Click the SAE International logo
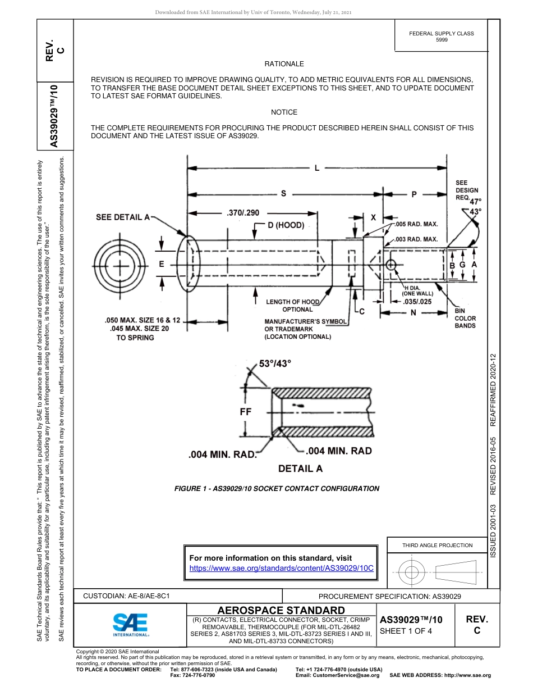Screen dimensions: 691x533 pyautogui.click(x=130, y=624)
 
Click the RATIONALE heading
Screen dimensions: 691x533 pyautogui.click(x=284, y=64)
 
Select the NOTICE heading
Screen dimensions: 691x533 pyautogui.click(x=284, y=112)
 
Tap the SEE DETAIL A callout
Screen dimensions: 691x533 pyautogui.click(x=123, y=217)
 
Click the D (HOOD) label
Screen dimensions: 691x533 pyautogui.click(x=286, y=225)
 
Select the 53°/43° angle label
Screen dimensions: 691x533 pyautogui.click(x=275, y=363)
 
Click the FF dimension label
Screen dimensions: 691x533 pyautogui.click(x=246, y=411)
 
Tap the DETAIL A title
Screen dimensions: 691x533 pyautogui.click(x=300, y=469)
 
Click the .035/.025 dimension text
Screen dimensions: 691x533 pyautogui.click(x=417, y=302)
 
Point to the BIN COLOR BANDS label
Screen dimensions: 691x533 pyautogui.click(x=465, y=318)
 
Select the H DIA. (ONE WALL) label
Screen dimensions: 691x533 pyautogui.click(x=417, y=290)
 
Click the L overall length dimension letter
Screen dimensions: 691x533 pyautogui.click(x=316, y=167)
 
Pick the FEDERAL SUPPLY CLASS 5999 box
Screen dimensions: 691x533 pyautogui.click(x=441, y=37)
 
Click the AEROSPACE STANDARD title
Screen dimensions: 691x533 pyautogui.click(x=281, y=610)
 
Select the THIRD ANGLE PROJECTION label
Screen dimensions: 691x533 pyautogui.click(x=437, y=545)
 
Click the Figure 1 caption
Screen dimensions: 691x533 pyautogui.click(x=277, y=488)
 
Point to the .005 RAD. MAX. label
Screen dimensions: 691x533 pyautogui.click(x=416, y=224)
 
